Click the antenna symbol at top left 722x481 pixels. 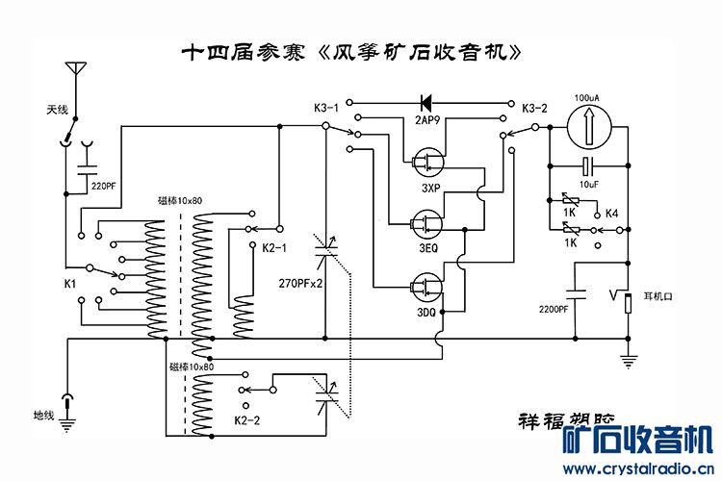[73, 72]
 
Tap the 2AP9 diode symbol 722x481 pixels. [425, 101]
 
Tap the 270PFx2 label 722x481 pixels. [299, 284]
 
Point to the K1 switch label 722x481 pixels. [69, 285]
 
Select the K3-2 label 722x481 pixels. [534, 108]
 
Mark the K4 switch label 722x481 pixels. [609, 213]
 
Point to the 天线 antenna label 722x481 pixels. [58, 111]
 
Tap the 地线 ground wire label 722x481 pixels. [43, 416]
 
